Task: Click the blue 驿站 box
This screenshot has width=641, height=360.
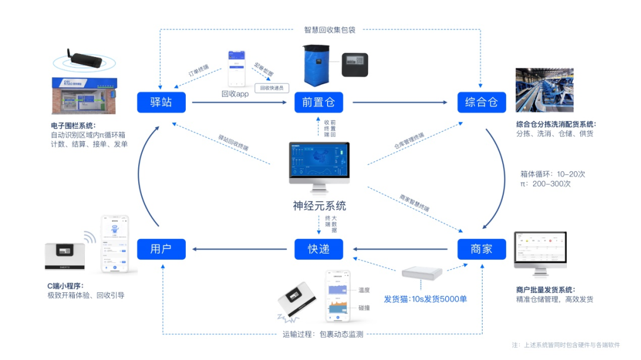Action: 161,102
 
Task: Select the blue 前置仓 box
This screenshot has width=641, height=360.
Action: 319,102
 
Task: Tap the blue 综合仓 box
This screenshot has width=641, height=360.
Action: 481,102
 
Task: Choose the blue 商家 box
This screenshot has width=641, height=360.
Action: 481,249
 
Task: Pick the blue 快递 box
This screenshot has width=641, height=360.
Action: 319,249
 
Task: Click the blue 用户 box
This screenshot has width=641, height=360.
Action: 161,249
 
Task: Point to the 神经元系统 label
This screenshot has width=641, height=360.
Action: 319,206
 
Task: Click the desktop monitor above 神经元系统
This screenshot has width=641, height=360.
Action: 319,163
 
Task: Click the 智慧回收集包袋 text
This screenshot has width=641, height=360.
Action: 329,30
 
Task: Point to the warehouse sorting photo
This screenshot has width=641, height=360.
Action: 544,90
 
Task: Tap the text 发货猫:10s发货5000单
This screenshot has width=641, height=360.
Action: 425,299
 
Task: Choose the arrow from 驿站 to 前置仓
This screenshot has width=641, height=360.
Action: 240,102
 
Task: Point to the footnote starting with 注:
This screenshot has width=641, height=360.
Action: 566,345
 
